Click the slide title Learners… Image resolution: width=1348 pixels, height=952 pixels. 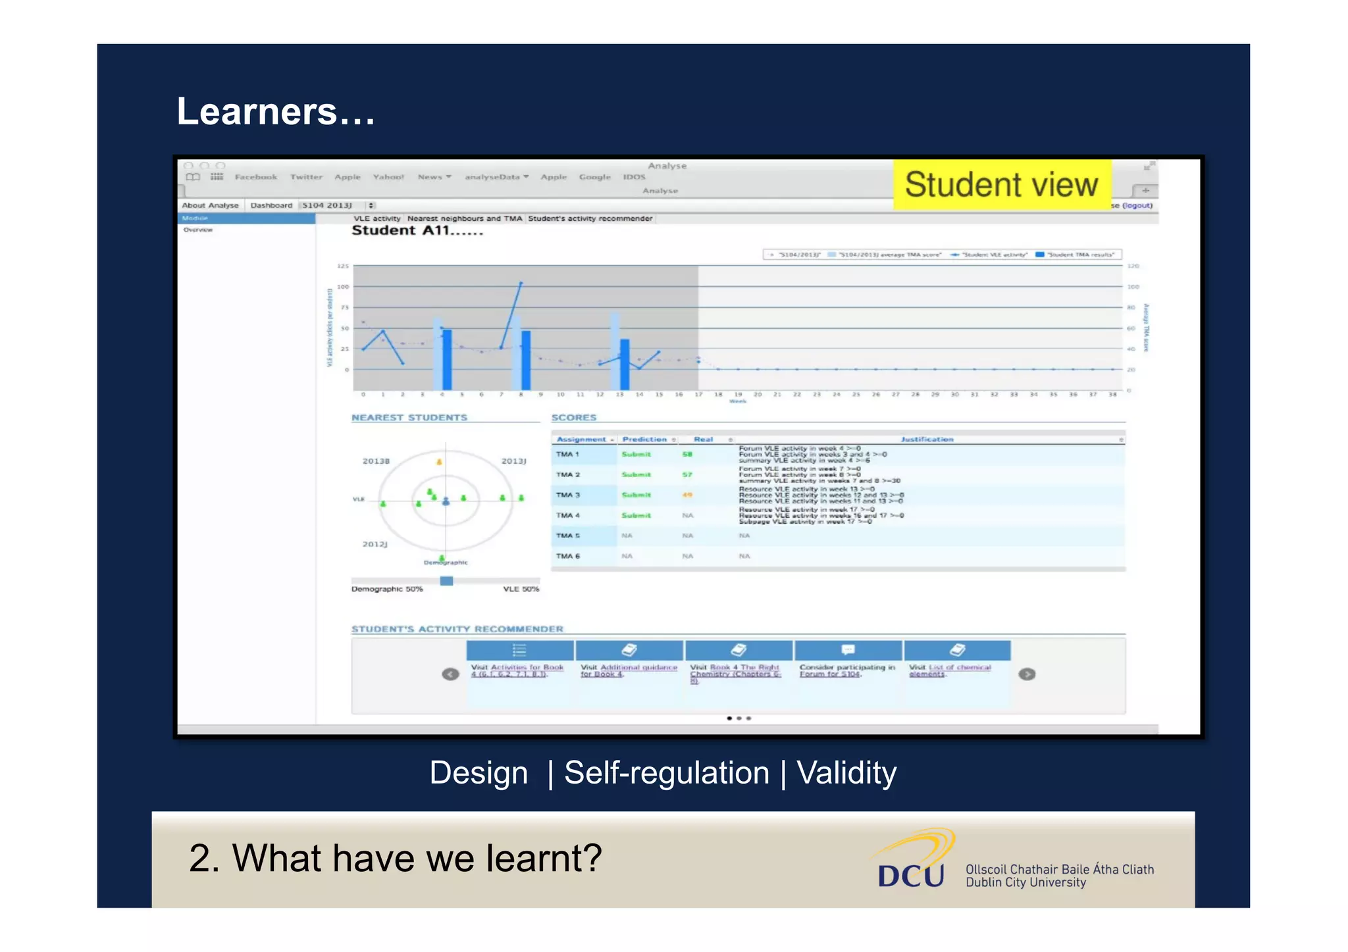tap(275, 111)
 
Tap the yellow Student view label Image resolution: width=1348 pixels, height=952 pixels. tap(1001, 185)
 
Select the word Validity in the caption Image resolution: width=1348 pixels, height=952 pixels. tap(846, 772)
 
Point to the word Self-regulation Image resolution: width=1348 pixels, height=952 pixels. tap(666, 772)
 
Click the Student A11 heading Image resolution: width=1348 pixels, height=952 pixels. tap(417, 231)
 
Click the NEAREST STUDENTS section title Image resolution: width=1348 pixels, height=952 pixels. tap(409, 418)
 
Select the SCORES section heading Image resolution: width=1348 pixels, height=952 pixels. tap(573, 418)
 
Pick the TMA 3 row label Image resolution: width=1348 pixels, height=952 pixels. tap(567, 495)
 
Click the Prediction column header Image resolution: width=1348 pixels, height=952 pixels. tap(644, 439)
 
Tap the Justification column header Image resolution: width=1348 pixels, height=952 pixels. tap(927, 439)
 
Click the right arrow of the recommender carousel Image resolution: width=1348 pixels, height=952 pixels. tap(1027, 674)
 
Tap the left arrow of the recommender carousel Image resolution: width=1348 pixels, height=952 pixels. tap(450, 674)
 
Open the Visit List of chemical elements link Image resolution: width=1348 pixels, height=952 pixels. tap(949, 670)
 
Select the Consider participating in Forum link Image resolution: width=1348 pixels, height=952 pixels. tap(846, 670)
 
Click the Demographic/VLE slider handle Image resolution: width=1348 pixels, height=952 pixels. tap(446, 580)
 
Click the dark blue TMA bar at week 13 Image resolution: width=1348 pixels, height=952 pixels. tap(625, 364)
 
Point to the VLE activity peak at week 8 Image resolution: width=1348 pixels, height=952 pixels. tap(521, 283)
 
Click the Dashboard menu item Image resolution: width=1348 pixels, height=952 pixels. tap(271, 205)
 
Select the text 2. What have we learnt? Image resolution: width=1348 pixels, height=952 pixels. tap(395, 858)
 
